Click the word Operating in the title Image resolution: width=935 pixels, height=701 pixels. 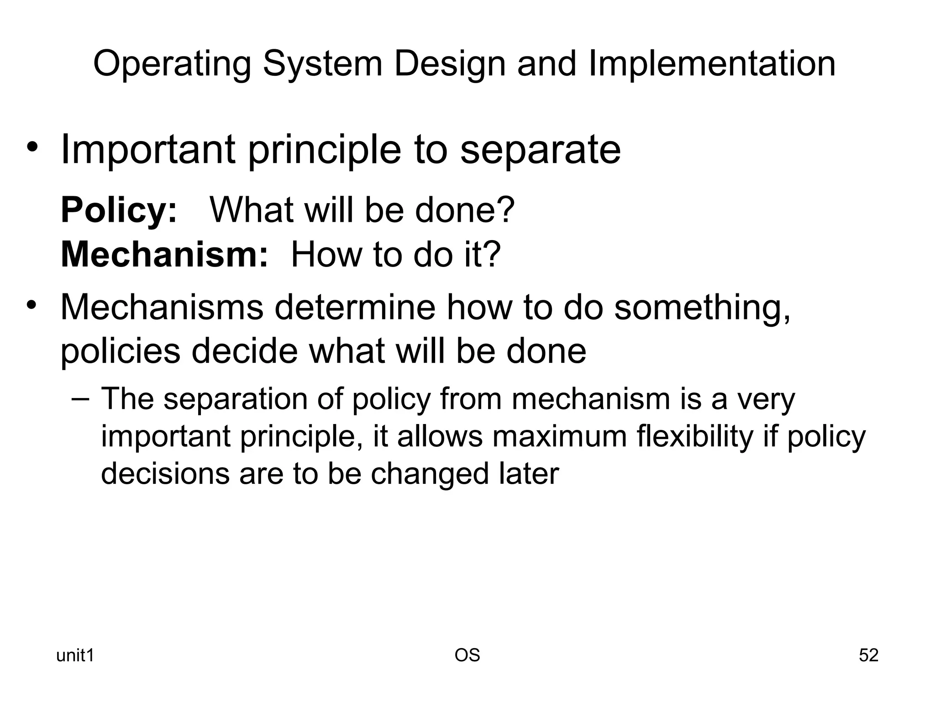pyautogui.click(x=172, y=64)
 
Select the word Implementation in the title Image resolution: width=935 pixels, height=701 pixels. pyautogui.click(x=712, y=64)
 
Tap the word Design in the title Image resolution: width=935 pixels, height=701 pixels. pyautogui.click(x=449, y=64)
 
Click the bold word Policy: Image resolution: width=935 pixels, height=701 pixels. pyautogui.click(x=119, y=210)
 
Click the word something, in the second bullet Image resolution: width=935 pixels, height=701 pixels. pyautogui.click(x=702, y=308)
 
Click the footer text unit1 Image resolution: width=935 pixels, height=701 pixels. pyautogui.click(x=75, y=656)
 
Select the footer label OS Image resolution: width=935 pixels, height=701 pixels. pyautogui.click(x=467, y=655)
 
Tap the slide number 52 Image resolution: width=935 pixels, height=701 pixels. pyautogui.click(x=868, y=655)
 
